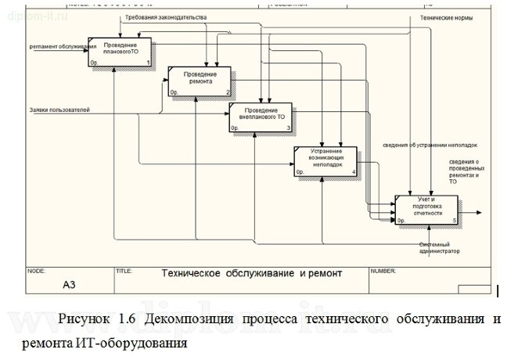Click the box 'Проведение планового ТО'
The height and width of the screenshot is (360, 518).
(x=120, y=50)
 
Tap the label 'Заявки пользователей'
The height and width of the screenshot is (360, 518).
(x=59, y=110)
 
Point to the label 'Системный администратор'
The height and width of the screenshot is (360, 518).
(x=439, y=248)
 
